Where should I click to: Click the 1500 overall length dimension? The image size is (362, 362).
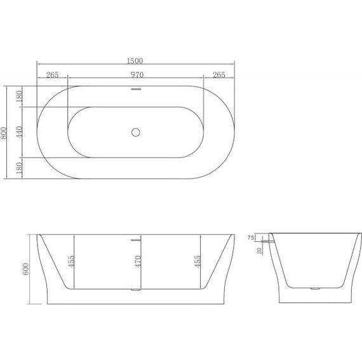135,61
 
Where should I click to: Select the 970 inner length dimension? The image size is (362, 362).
135,75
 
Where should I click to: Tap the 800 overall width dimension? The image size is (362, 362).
4,133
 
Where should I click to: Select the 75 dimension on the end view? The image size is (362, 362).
251,238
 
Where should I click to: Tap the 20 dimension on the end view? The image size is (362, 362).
258,250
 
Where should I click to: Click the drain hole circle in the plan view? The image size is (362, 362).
135,132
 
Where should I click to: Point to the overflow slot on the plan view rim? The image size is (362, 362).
135,90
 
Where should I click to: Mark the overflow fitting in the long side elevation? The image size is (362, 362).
135,241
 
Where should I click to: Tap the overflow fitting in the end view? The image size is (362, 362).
271,241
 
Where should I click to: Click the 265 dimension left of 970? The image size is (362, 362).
52,75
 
